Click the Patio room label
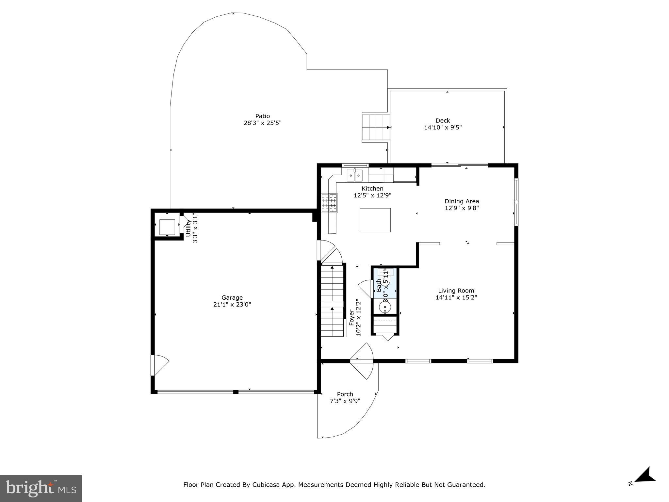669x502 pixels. point(262,116)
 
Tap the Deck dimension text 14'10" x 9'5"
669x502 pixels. point(443,127)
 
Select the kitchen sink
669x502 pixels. point(354,176)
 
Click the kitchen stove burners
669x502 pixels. point(329,203)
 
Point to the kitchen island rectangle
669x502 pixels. point(375,220)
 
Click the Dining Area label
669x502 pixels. point(462,201)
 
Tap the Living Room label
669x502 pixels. point(456,291)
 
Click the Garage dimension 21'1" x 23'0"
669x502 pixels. point(232,305)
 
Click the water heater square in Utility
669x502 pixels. point(167,227)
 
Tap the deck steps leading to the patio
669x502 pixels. point(376,127)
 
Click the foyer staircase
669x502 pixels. point(332,301)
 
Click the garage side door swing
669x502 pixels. point(160,365)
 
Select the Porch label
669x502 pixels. point(345,394)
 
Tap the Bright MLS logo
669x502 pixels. point(41,488)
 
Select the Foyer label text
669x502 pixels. point(352,317)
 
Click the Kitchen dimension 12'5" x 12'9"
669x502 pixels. point(372,196)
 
